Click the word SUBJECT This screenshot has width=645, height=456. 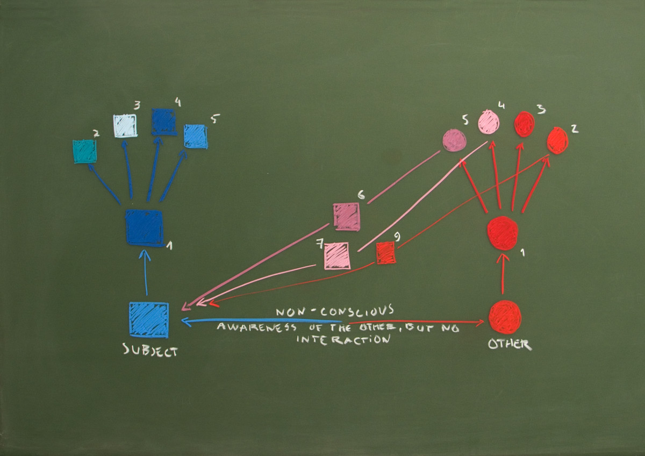pos(150,350)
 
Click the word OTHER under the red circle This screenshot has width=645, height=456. pos(510,344)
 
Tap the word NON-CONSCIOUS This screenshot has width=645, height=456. pos(335,311)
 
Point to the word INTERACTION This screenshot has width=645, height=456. pos(343,339)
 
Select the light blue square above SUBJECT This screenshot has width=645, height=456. pos(149,320)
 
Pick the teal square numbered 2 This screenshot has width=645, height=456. pos(85,152)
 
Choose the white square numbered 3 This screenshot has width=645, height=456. pos(125,126)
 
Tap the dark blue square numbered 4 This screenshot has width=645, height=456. pos(164,122)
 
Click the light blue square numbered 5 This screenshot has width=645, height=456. pos(196,136)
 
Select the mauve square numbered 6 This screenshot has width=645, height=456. pos(346,217)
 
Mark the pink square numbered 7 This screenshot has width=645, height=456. pos(337,256)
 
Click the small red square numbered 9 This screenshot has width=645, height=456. pos(386,253)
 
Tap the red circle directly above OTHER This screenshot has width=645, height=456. pos(505,318)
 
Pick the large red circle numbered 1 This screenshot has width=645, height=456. pos(503,233)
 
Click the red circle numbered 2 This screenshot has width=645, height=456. pos(557,140)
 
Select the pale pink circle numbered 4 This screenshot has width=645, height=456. pos(489,123)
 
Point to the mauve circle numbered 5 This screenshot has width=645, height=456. pos(454,140)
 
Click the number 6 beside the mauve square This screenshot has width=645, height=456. pos(361,195)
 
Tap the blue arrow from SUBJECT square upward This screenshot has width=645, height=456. pos(146,273)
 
